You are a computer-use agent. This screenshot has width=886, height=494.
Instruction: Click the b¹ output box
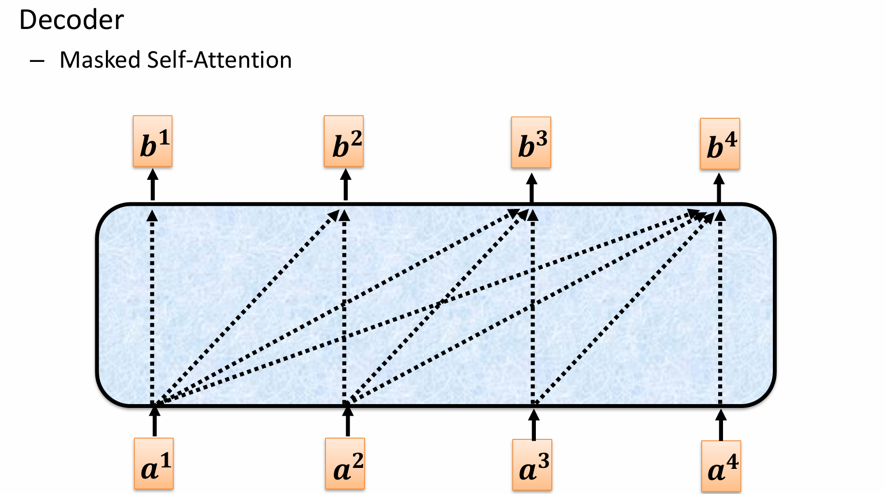pos(153,142)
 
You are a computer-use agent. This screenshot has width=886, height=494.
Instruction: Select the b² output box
pos(344,142)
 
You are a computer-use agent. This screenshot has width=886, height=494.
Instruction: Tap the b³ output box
pos(531,143)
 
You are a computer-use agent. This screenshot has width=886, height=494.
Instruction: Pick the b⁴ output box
pos(720,144)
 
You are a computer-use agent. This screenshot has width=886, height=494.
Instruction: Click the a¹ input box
pos(154,464)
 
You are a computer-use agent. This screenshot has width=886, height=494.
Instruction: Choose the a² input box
pos(345,464)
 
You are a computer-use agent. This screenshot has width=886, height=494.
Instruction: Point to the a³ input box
pos(532,465)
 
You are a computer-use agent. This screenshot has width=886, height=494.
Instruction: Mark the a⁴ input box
pos(721,466)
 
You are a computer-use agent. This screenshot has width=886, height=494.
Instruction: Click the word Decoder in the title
pos(72,20)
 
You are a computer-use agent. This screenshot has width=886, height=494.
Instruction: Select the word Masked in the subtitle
pos(100,60)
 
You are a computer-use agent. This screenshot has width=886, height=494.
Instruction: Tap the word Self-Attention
pos(219,60)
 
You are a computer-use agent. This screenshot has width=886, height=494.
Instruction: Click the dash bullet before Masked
pos(37,61)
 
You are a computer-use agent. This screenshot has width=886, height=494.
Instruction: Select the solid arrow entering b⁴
pos(719,188)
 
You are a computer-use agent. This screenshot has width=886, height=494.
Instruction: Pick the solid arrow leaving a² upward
pos(347,421)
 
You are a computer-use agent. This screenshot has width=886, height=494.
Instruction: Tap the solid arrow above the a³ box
pos(533,424)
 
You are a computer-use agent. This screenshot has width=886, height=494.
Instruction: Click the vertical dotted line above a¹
pos(152,309)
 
